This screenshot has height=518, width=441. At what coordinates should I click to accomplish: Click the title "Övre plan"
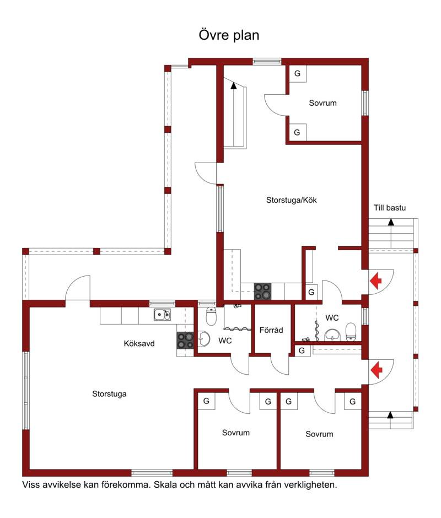click(229, 35)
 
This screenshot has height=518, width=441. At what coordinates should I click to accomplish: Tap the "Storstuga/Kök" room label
click(291, 200)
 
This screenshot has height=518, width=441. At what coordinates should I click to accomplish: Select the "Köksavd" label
click(139, 343)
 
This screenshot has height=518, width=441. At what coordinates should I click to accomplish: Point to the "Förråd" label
click(271, 330)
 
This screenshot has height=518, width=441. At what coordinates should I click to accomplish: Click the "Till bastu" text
click(390, 207)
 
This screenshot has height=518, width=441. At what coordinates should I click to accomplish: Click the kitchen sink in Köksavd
click(162, 315)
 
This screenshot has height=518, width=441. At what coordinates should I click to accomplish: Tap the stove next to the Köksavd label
click(185, 341)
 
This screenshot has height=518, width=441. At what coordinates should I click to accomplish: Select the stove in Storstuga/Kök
click(262, 292)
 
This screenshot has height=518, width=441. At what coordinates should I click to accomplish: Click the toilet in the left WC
click(211, 316)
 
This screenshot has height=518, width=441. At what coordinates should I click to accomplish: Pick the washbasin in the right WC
click(332, 334)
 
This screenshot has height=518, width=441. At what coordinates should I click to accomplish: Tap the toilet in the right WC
click(351, 331)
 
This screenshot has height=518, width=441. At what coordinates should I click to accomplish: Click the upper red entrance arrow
click(375, 281)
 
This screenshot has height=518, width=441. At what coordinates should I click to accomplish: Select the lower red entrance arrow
click(376, 370)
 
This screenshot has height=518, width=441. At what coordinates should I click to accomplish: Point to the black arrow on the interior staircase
click(234, 85)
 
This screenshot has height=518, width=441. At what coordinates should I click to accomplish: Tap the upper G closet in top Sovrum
click(298, 73)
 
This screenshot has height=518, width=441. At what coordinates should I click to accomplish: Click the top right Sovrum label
click(322, 102)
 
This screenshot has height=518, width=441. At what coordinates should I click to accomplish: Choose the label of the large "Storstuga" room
click(110, 394)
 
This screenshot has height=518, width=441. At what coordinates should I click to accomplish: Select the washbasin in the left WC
click(204, 339)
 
